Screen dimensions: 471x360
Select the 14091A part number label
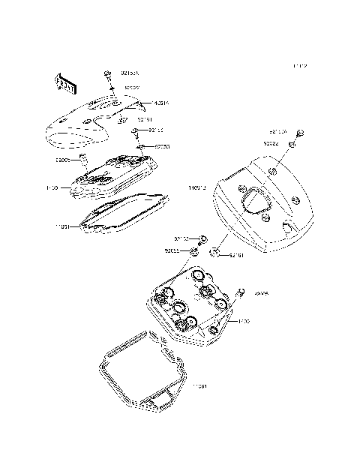pos(158,103)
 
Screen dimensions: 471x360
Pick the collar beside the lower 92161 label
pos(214,252)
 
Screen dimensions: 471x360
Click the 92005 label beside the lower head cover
pos(261,294)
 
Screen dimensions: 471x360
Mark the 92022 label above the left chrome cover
pos(132,88)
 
